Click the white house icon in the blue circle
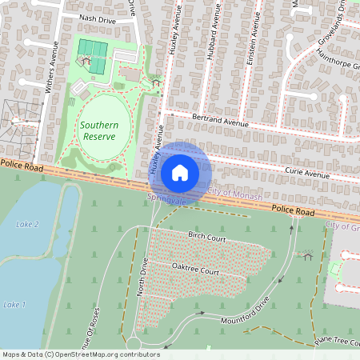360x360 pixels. (180, 172)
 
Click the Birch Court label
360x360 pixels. (206, 238)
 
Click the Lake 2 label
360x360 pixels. (27, 225)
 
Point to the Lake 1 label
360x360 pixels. (14, 305)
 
